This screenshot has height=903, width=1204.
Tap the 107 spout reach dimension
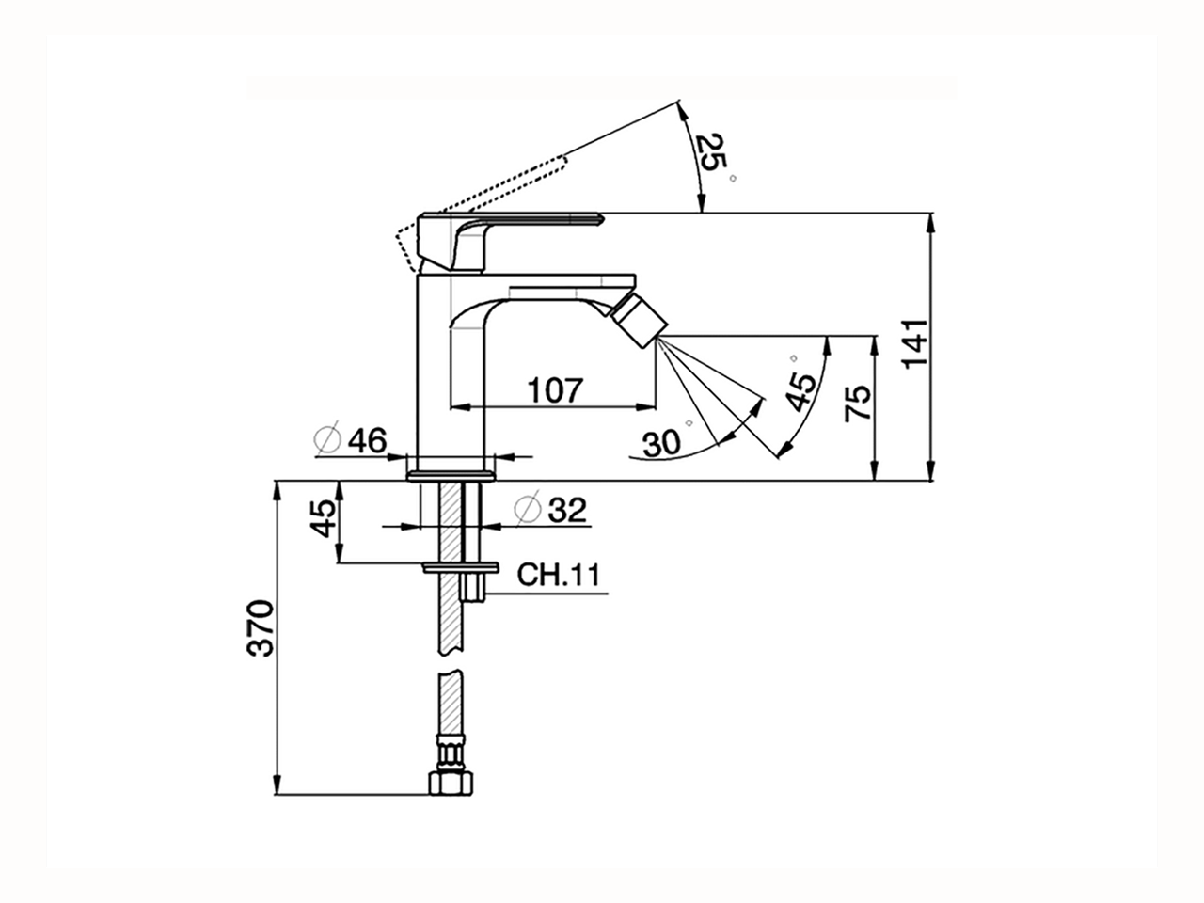click(x=554, y=389)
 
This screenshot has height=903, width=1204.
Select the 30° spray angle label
click(x=663, y=442)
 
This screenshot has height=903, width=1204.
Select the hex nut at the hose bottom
click(x=450, y=782)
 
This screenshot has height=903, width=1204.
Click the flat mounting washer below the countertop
click(x=460, y=567)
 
